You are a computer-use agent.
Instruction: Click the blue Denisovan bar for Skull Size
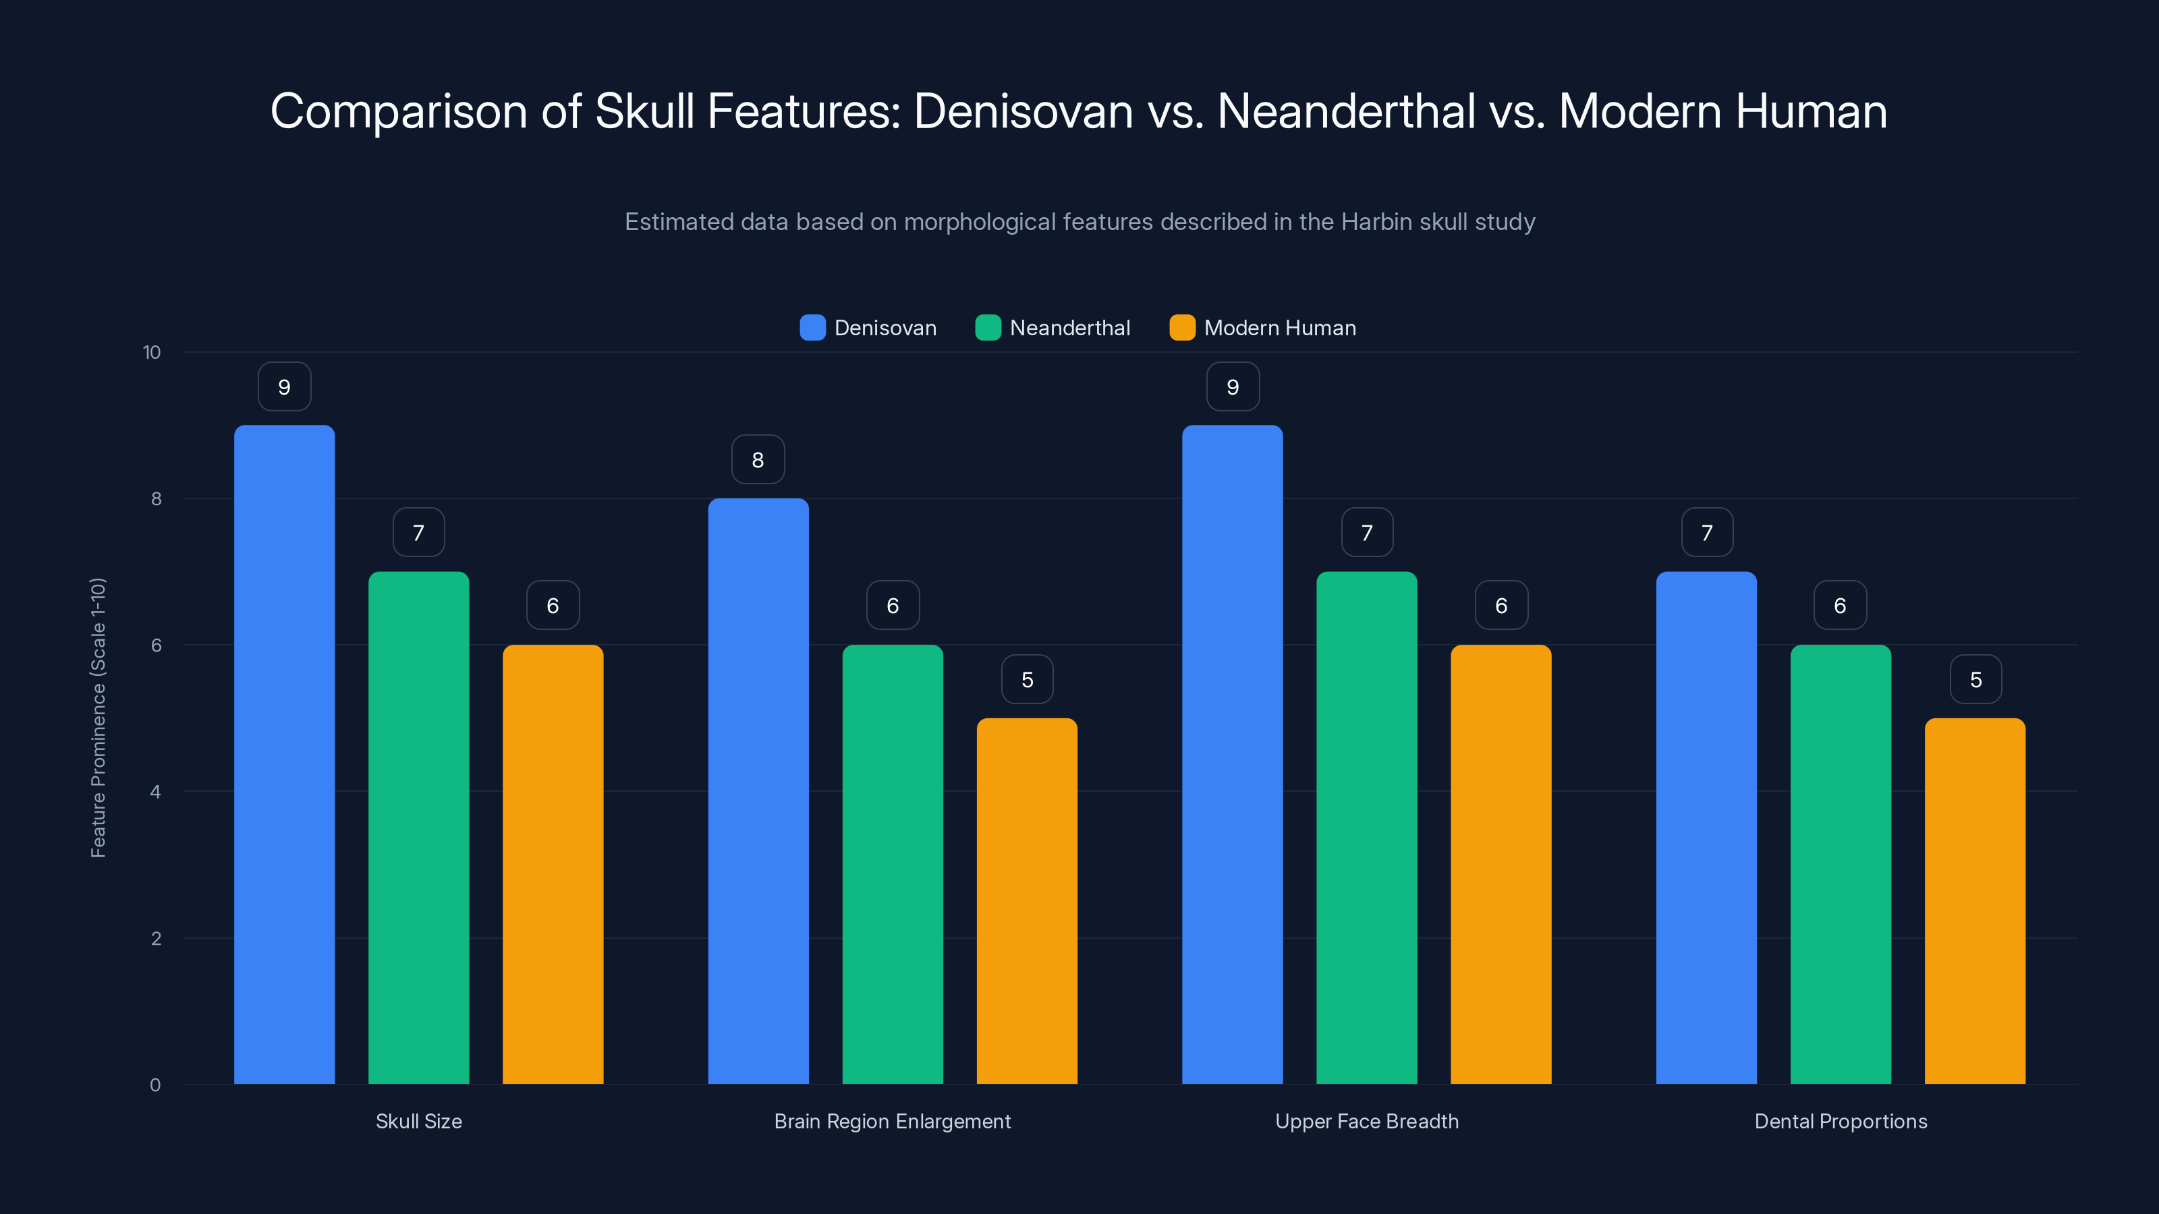tap(284, 754)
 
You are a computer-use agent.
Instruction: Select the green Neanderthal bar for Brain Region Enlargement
tap(893, 863)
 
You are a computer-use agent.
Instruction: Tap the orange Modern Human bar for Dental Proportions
tap(1975, 900)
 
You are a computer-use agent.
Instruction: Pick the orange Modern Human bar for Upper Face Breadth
tap(1501, 863)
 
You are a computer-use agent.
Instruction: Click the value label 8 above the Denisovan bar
tap(758, 459)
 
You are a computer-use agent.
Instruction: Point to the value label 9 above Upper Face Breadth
tap(1232, 386)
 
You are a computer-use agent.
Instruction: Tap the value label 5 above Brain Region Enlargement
tap(1027, 679)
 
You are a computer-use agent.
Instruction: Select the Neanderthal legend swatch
tap(988, 328)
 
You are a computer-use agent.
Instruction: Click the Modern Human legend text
tap(1279, 328)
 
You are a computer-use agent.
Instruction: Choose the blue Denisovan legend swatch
tap(812, 328)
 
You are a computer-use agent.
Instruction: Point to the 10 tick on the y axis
tap(152, 352)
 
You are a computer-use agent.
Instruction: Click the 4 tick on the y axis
tap(155, 792)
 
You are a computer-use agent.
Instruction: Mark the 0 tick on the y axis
tap(155, 1085)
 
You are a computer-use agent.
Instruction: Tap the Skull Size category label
tap(418, 1121)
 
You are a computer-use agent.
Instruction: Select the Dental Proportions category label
tap(1841, 1121)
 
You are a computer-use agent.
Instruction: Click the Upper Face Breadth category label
tap(1366, 1121)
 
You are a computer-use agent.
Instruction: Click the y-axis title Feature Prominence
tap(98, 717)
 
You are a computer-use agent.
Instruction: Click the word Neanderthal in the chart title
tap(1345, 111)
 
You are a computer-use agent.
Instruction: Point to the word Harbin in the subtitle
tap(1377, 222)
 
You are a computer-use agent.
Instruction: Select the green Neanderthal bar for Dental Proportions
tap(1841, 863)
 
